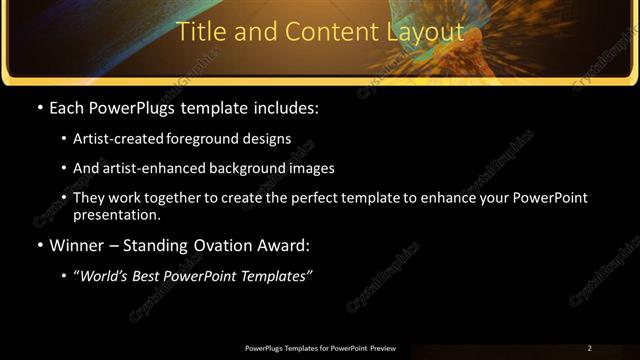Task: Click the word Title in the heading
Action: point(199,32)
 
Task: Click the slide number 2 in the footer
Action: point(589,348)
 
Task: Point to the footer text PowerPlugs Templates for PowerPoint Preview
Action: point(320,348)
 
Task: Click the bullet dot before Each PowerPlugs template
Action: point(39,108)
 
